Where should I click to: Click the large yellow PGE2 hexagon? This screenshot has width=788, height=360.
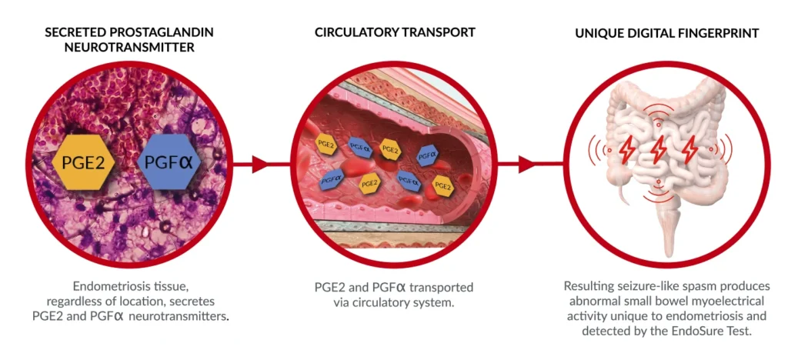[85, 162]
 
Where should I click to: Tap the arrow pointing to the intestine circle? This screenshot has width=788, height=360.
[526, 164]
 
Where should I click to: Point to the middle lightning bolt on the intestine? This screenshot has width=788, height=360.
[659, 149]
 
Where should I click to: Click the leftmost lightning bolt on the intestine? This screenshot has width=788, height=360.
[627, 149]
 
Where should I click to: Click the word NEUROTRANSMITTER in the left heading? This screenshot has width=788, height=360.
[129, 47]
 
